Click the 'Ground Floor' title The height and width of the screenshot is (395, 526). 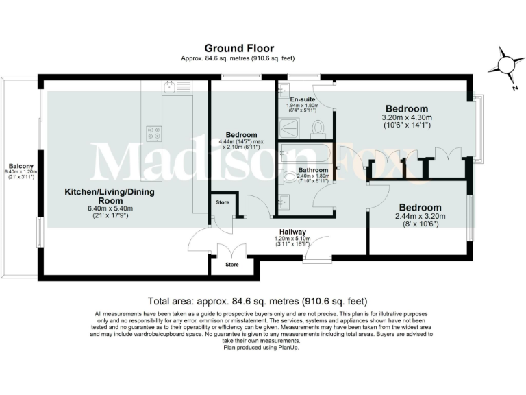[239, 48]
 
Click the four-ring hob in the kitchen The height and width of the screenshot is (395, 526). [153, 133]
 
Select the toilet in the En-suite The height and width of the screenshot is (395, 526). [317, 128]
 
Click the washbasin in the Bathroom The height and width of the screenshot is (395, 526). [284, 201]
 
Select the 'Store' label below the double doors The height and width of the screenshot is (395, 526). [232, 265]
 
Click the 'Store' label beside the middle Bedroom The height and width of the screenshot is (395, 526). [222, 202]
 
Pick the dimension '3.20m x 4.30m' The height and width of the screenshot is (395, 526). [406, 117]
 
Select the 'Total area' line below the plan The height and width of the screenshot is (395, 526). [258, 301]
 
